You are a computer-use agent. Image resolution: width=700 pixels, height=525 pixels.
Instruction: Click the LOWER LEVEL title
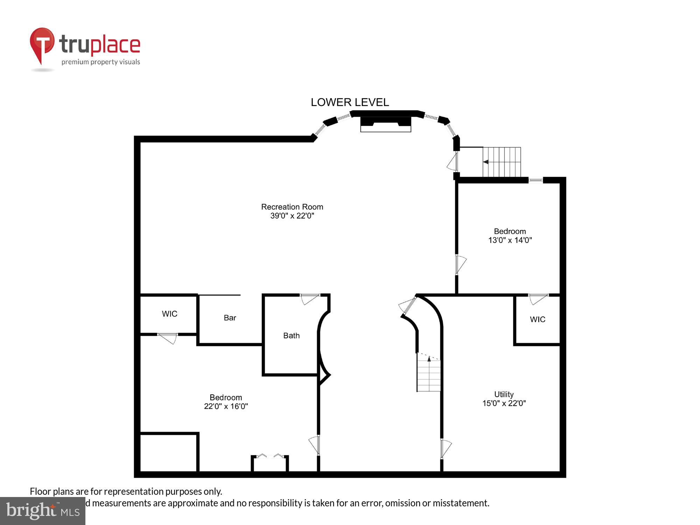tap(350, 102)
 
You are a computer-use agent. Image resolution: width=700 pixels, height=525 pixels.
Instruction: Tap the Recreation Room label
tap(292, 207)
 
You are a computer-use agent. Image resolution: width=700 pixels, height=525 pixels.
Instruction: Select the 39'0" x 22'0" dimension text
tap(292, 216)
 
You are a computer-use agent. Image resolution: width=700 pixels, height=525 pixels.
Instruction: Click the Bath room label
tap(291, 336)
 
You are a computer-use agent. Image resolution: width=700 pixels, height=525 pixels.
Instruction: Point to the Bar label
tap(230, 318)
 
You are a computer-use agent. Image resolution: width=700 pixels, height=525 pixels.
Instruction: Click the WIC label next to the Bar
tap(169, 314)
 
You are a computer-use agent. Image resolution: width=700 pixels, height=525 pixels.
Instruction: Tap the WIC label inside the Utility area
tap(537, 320)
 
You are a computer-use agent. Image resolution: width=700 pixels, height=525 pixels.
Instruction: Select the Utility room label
tap(504, 394)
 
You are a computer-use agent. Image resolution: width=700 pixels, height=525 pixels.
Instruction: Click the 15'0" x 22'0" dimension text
tap(504, 403)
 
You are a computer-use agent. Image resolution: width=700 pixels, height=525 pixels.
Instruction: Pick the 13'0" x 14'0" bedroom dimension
tap(510, 240)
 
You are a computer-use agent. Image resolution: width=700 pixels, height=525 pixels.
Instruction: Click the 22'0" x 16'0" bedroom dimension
tap(226, 406)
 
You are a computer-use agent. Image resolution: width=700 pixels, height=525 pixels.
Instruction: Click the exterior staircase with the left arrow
tap(501, 162)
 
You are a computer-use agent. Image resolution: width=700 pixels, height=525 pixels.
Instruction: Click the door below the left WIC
tap(168, 338)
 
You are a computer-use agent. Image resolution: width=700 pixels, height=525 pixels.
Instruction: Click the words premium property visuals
tap(101, 62)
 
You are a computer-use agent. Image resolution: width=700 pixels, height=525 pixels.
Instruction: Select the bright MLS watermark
tap(43, 511)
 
